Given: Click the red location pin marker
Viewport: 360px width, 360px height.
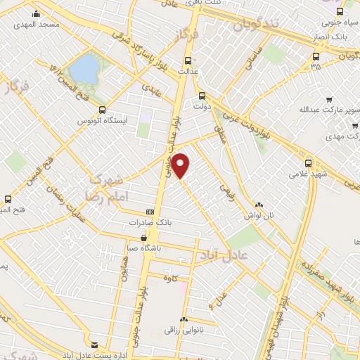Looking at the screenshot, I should click(181, 166).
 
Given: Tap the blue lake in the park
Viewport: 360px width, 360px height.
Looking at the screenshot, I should click(85, 69).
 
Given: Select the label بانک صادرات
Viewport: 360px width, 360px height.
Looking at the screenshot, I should click(150, 222).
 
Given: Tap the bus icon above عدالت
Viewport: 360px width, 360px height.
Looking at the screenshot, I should click(187, 60).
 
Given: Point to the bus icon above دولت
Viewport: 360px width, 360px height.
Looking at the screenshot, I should click(202, 96).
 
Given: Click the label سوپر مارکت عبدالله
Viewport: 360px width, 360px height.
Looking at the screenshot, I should click(330, 110).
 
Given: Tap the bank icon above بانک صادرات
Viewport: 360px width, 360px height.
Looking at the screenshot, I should click(150, 212).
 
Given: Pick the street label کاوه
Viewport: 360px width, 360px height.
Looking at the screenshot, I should click(184, 276).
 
